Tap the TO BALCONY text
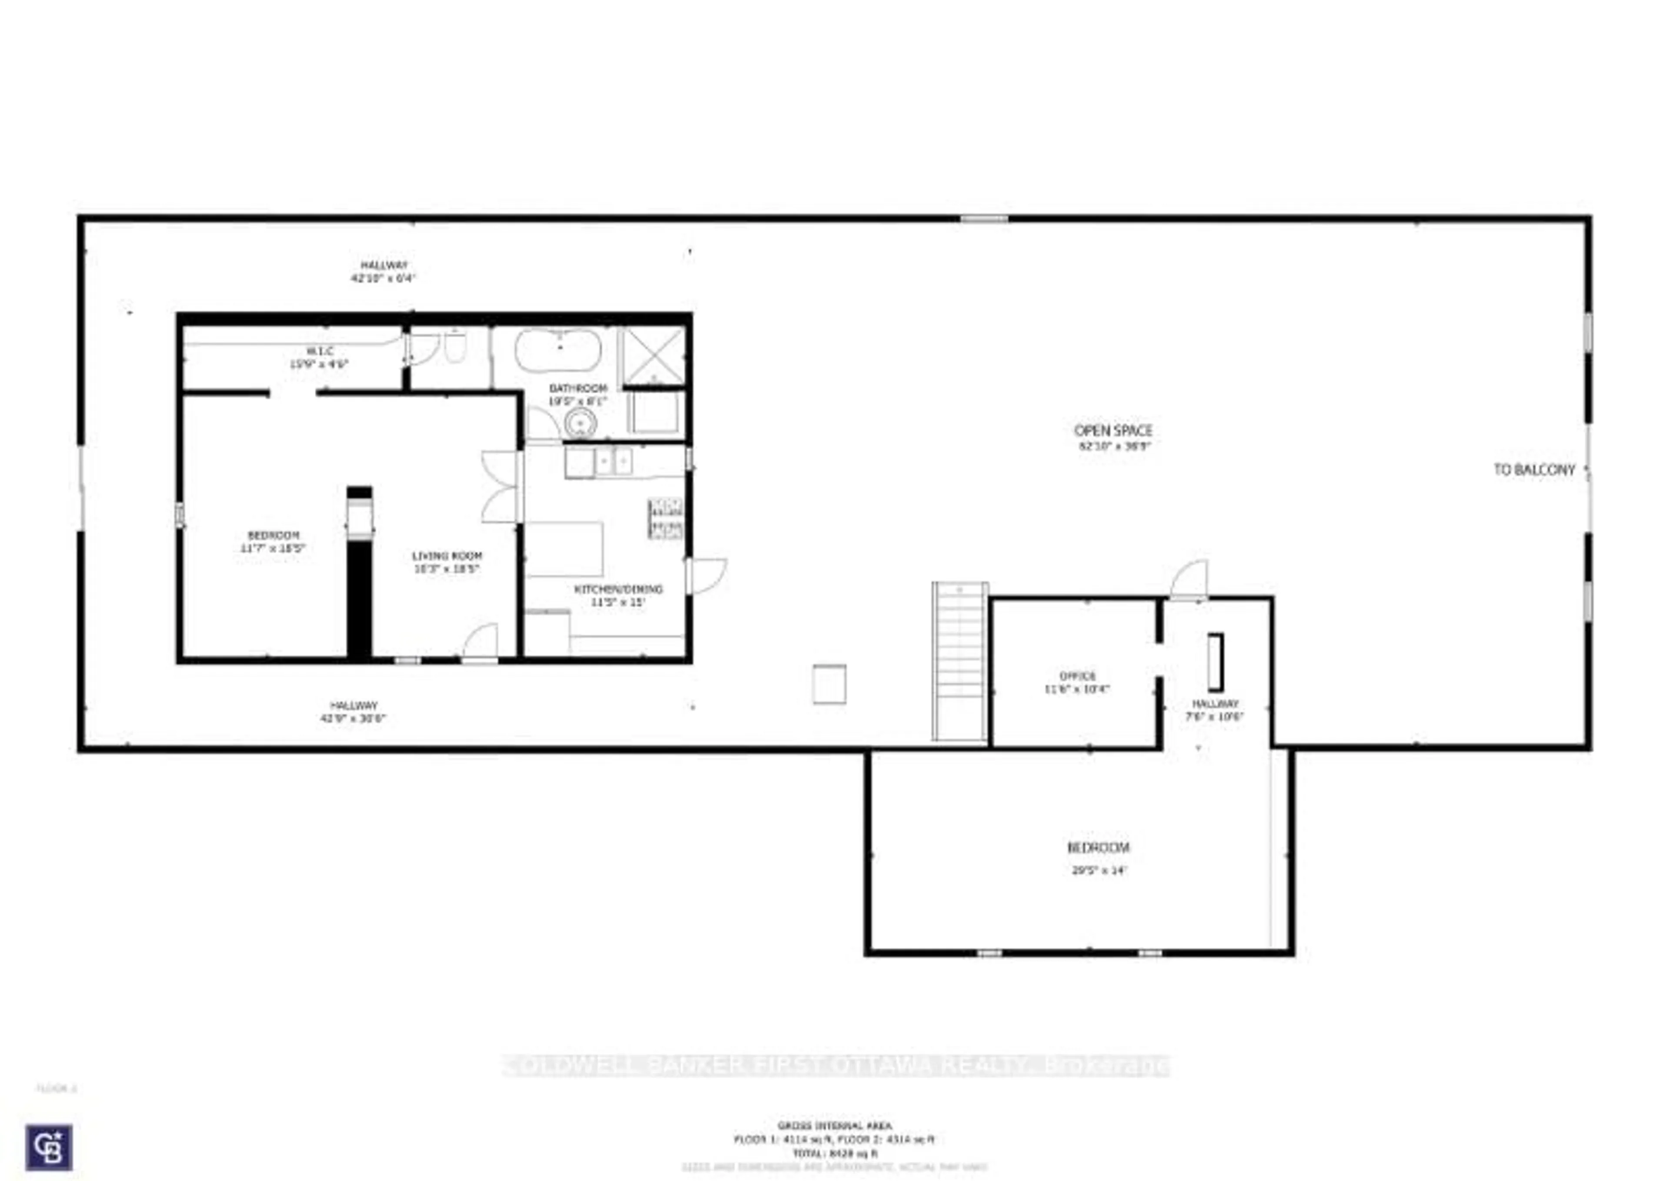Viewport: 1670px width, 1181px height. (x=1533, y=470)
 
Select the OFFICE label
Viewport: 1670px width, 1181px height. (x=1077, y=676)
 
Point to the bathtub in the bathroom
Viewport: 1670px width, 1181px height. (x=558, y=350)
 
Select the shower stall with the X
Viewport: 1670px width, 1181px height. (x=652, y=355)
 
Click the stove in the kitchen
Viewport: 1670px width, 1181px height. (x=665, y=518)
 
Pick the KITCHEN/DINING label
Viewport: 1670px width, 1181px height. (x=618, y=589)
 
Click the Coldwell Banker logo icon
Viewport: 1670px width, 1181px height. (x=49, y=1147)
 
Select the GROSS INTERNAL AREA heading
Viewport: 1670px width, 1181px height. (x=834, y=1126)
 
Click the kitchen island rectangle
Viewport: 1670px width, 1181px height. (x=564, y=549)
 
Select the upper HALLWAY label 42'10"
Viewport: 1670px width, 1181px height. (x=384, y=265)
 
